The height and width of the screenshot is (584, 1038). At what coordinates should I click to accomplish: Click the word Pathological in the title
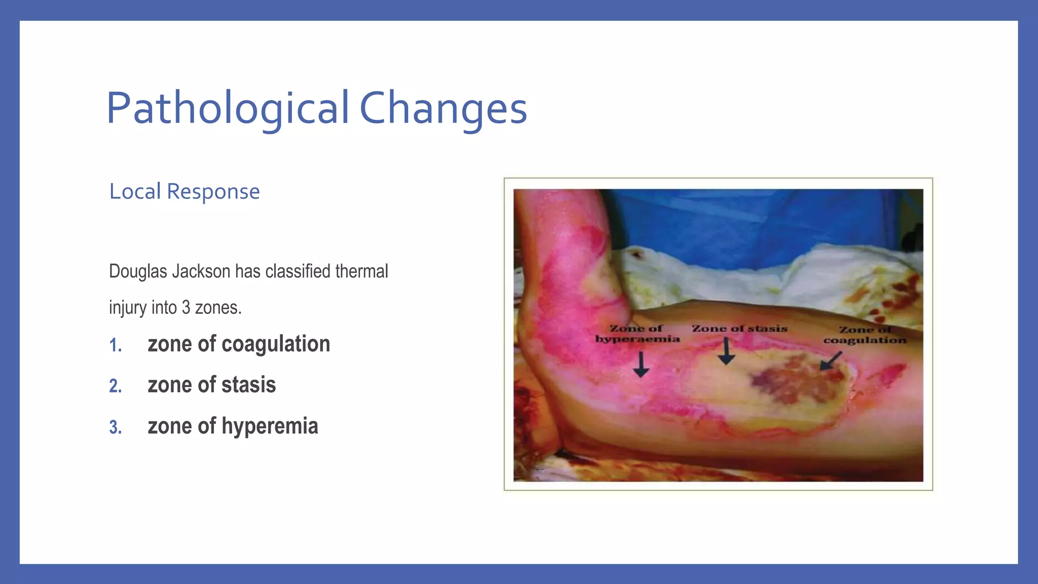[228, 108]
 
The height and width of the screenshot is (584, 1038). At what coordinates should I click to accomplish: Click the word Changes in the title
[443, 108]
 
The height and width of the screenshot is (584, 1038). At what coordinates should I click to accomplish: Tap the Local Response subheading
[184, 192]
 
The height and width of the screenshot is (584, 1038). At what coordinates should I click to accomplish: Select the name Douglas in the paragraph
[138, 271]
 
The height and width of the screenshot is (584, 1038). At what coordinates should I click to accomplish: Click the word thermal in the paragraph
[361, 271]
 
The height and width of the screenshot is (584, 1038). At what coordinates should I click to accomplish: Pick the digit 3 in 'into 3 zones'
[186, 308]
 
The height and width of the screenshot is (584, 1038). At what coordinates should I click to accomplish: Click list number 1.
[116, 345]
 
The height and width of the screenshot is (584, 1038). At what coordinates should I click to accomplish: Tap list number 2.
[116, 386]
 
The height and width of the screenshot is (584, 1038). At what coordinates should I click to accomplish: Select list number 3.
[116, 427]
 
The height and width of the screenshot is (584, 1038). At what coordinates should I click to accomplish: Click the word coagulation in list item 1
[276, 344]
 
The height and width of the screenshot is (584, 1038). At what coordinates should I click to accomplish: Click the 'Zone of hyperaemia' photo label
[637, 334]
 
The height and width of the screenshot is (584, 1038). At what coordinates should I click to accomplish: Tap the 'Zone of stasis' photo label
[739, 328]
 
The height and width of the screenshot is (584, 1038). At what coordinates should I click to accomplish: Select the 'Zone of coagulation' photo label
[865, 335]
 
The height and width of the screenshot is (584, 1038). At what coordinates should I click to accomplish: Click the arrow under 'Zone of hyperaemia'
[641, 365]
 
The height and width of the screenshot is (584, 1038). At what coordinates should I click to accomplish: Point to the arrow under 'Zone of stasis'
[726, 351]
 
